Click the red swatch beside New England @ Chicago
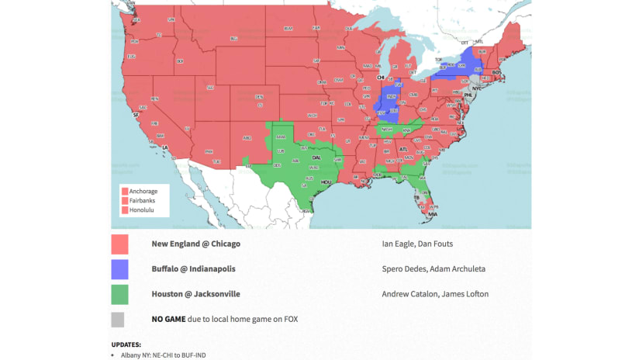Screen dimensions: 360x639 point(119,244)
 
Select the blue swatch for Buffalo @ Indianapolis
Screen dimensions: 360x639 point(119,269)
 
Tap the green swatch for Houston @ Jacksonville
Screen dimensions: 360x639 point(119,294)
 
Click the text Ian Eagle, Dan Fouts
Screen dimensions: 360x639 point(417,244)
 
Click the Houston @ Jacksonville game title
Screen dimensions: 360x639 point(195,294)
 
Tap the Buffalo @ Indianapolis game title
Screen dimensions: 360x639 point(193,269)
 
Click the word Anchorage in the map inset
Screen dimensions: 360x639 point(143,191)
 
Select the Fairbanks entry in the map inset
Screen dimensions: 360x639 point(143,201)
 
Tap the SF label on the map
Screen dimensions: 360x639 point(136,114)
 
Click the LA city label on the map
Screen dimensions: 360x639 point(164,147)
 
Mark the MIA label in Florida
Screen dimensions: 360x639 point(433,214)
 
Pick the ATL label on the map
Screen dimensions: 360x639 point(402,149)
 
